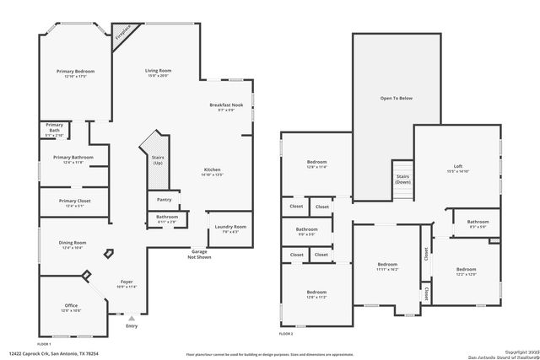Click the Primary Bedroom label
73,73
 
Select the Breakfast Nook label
226,107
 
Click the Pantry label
164,200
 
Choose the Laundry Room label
229,228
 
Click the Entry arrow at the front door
131,319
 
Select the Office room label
72,307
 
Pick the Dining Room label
73,244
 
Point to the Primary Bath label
54,127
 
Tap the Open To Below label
396,99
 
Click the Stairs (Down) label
403,179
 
